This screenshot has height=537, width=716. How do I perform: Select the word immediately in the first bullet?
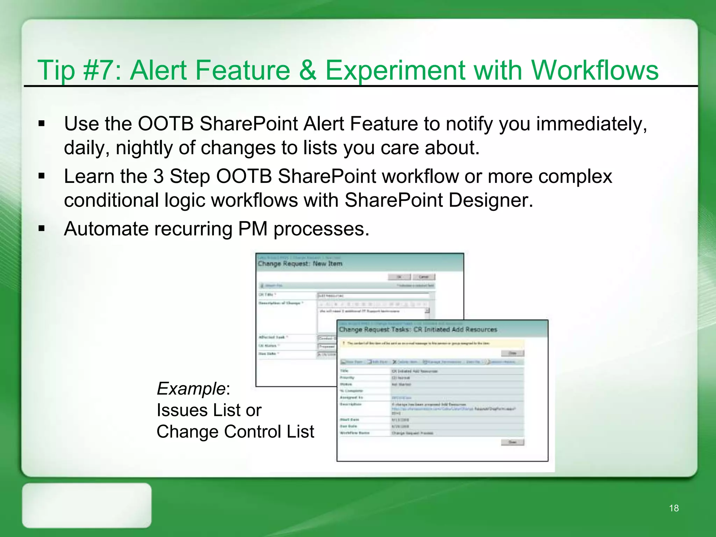pyautogui.click(x=591, y=124)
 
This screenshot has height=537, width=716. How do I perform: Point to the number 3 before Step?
pyautogui.click(x=158, y=176)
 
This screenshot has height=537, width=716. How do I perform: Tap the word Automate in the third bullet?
pyautogui.click(x=106, y=229)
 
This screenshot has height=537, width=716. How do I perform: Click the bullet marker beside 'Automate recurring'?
pyautogui.click(x=42, y=229)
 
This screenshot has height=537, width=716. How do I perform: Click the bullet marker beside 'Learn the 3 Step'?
pyautogui.click(x=42, y=176)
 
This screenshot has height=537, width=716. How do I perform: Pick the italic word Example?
pyautogui.click(x=191, y=389)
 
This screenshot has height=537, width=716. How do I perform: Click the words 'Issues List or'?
pyautogui.click(x=209, y=410)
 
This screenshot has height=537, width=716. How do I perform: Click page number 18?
pyautogui.click(x=674, y=508)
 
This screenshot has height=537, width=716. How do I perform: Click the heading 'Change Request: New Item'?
pyautogui.click(x=300, y=264)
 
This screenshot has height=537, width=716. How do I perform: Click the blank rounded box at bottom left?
pyautogui.click(x=87, y=505)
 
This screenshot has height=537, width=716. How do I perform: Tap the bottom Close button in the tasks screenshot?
pyautogui.click(x=512, y=442)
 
